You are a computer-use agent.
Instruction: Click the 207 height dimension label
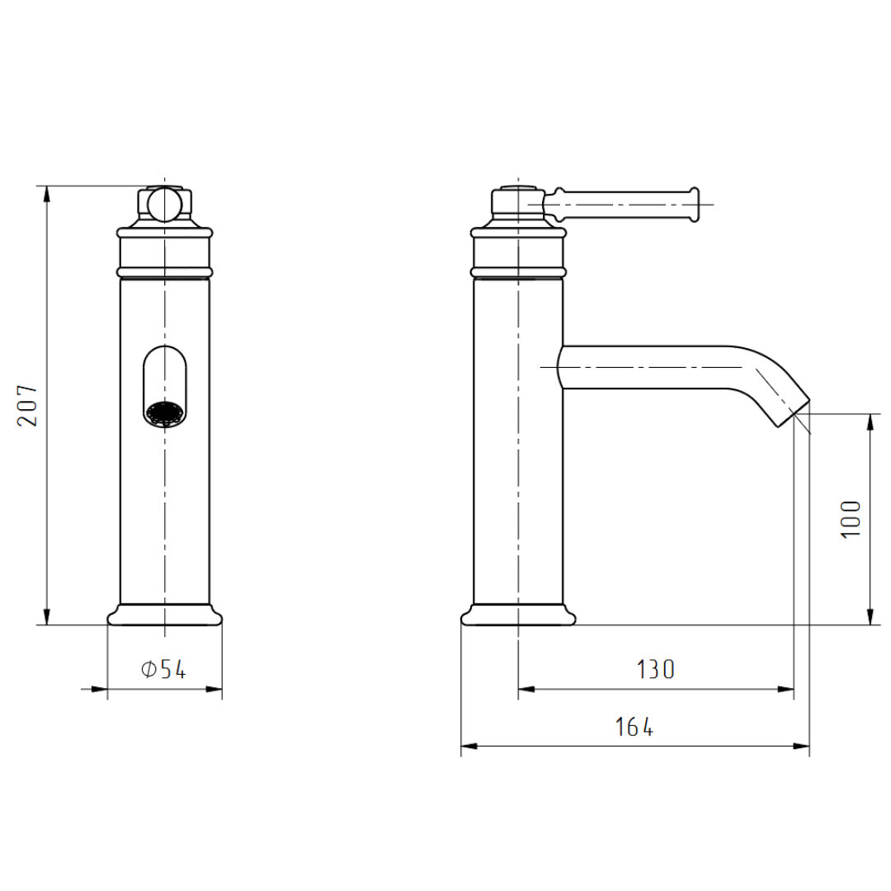(x=27, y=406)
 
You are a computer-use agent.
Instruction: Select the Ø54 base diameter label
(x=163, y=670)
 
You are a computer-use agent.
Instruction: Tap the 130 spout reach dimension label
(x=655, y=669)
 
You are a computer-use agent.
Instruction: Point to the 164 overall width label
(x=634, y=727)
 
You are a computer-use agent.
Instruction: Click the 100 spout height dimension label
(x=851, y=520)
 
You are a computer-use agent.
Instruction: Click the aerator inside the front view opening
(x=165, y=413)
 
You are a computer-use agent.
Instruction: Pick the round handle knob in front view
(x=164, y=204)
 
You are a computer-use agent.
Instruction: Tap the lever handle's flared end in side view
(x=693, y=204)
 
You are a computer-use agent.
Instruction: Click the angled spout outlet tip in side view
(x=792, y=413)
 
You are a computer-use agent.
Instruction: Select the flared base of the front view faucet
(x=165, y=615)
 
